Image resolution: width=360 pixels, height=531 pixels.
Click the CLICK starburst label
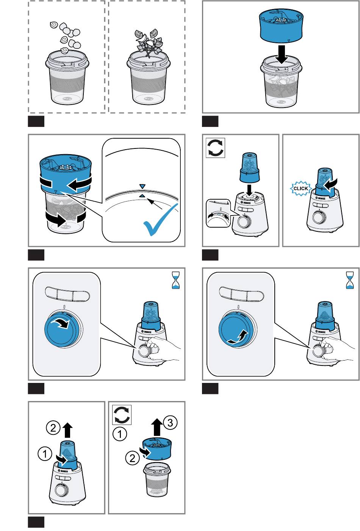(x=301, y=188)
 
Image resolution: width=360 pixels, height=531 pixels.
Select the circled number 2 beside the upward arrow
(x=53, y=428)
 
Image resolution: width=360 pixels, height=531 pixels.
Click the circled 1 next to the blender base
(x=45, y=453)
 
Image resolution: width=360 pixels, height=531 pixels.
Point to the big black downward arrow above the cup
(x=281, y=55)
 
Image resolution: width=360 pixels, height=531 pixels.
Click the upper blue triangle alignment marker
(x=142, y=186)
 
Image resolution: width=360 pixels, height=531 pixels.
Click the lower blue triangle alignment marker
(x=142, y=195)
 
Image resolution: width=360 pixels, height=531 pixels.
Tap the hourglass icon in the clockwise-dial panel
(x=176, y=280)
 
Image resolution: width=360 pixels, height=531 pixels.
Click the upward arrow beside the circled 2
(x=67, y=430)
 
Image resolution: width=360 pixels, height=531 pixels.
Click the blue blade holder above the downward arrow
(x=281, y=26)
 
